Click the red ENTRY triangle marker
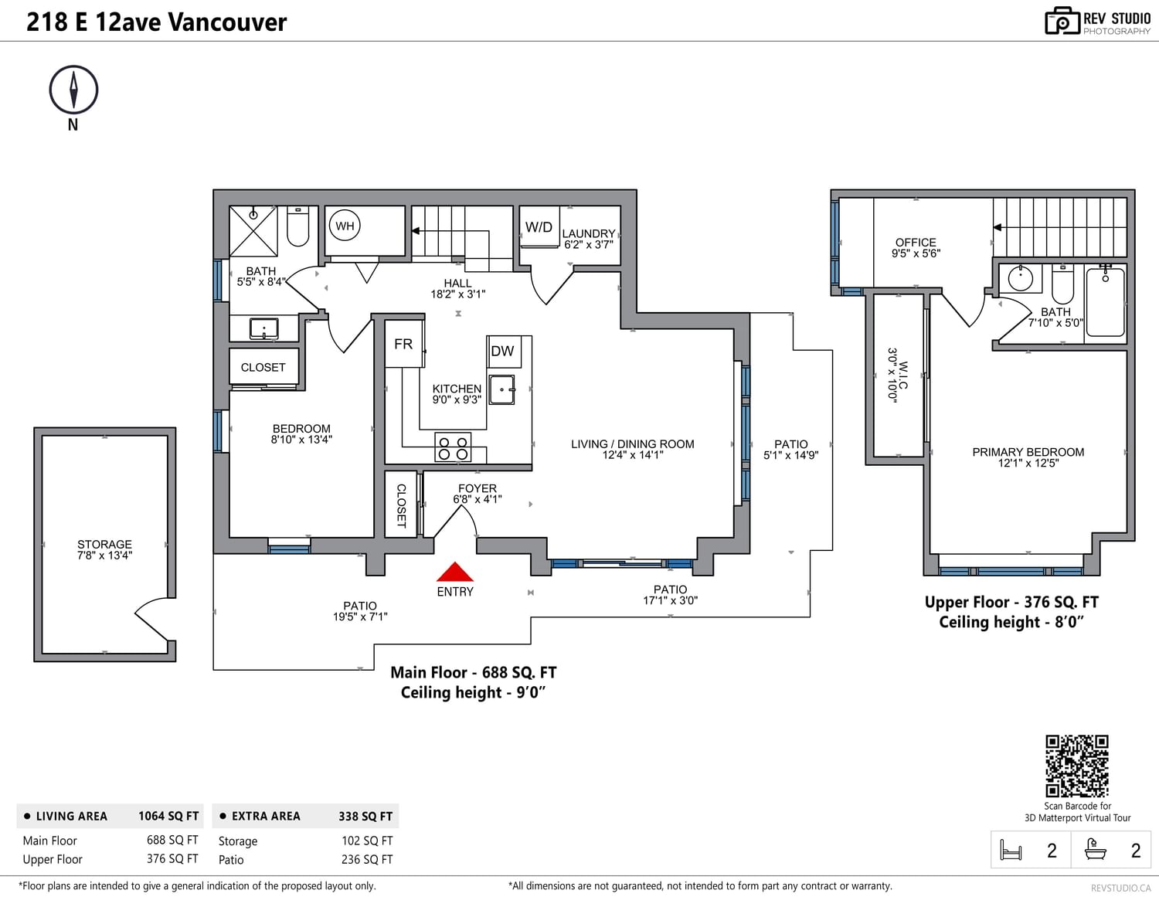pos(455,573)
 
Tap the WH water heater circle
pos(345,226)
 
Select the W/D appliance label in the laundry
pos(539,227)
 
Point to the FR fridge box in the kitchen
pos(404,344)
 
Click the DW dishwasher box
pos(504,352)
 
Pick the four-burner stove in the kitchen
pos(453,447)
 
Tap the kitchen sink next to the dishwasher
pos(501,390)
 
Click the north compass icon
pos(73,90)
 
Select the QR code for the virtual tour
pos(1077,766)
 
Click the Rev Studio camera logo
pos(1062,22)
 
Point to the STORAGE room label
pos(104,545)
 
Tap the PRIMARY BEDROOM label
pos(1028,452)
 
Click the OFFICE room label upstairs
pos(916,242)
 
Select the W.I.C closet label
pos(903,375)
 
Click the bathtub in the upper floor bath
pos(1106,302)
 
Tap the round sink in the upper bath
pos(1021,278)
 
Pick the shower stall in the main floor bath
pos(253,231)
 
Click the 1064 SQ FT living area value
pos(168,816)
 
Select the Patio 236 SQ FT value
pos(367,859)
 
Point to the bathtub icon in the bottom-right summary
pos(1096,850)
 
